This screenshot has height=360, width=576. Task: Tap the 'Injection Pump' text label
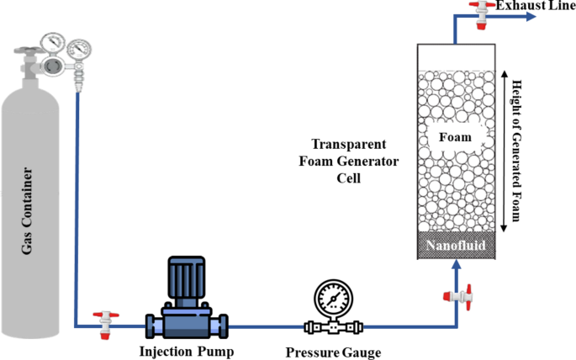tap(185, 350)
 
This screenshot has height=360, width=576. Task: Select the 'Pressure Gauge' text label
tap(327, 352)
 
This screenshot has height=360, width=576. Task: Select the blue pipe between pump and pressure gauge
tap(265, 326)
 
